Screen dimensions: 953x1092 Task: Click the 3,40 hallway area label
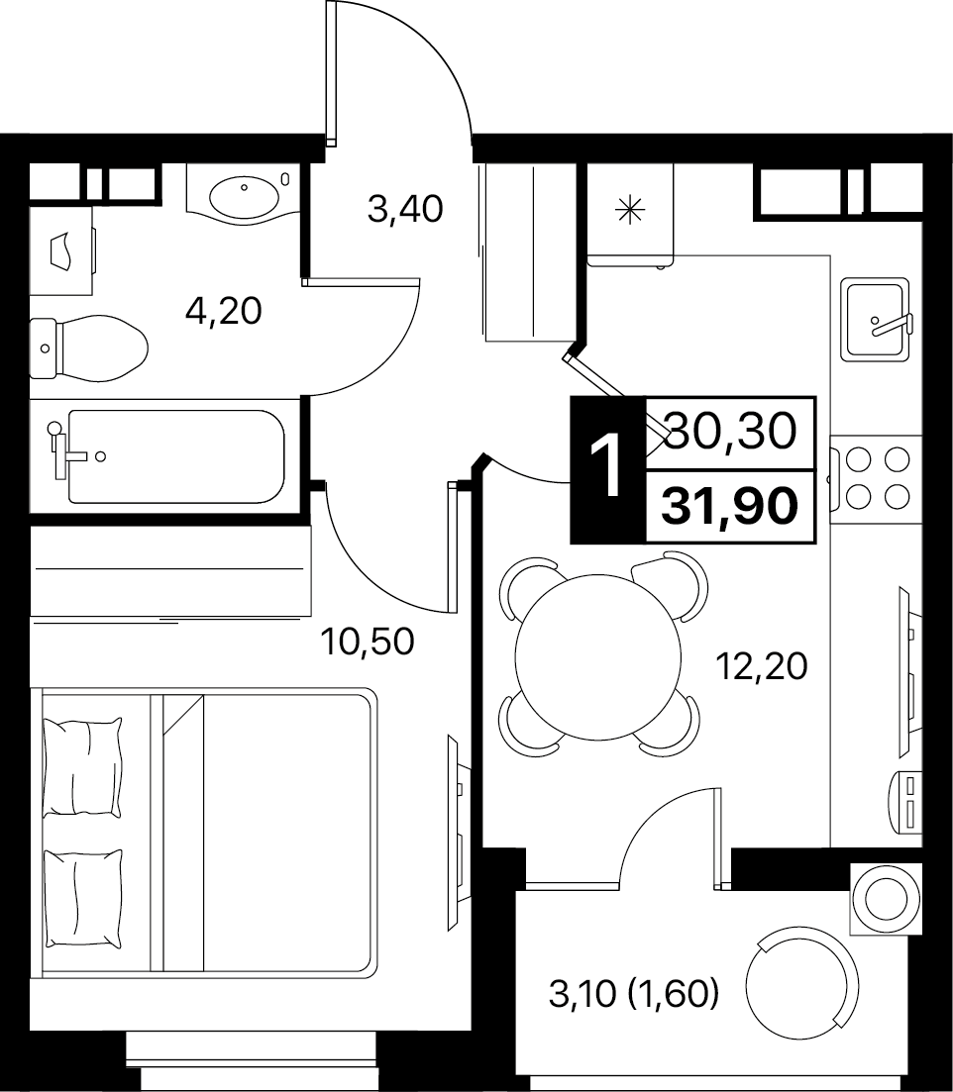[x=405, y=208]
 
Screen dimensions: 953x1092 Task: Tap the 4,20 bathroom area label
[x=224, y=311]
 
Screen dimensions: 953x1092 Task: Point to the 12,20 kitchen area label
[x=762, y=665]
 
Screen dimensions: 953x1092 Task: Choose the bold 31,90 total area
[x=729, y=505]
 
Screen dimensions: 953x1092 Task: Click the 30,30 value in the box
[x=731, y=431]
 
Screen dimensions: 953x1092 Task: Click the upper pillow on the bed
[x=81, y=766]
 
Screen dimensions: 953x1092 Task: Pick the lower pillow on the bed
[x=82, y=898]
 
